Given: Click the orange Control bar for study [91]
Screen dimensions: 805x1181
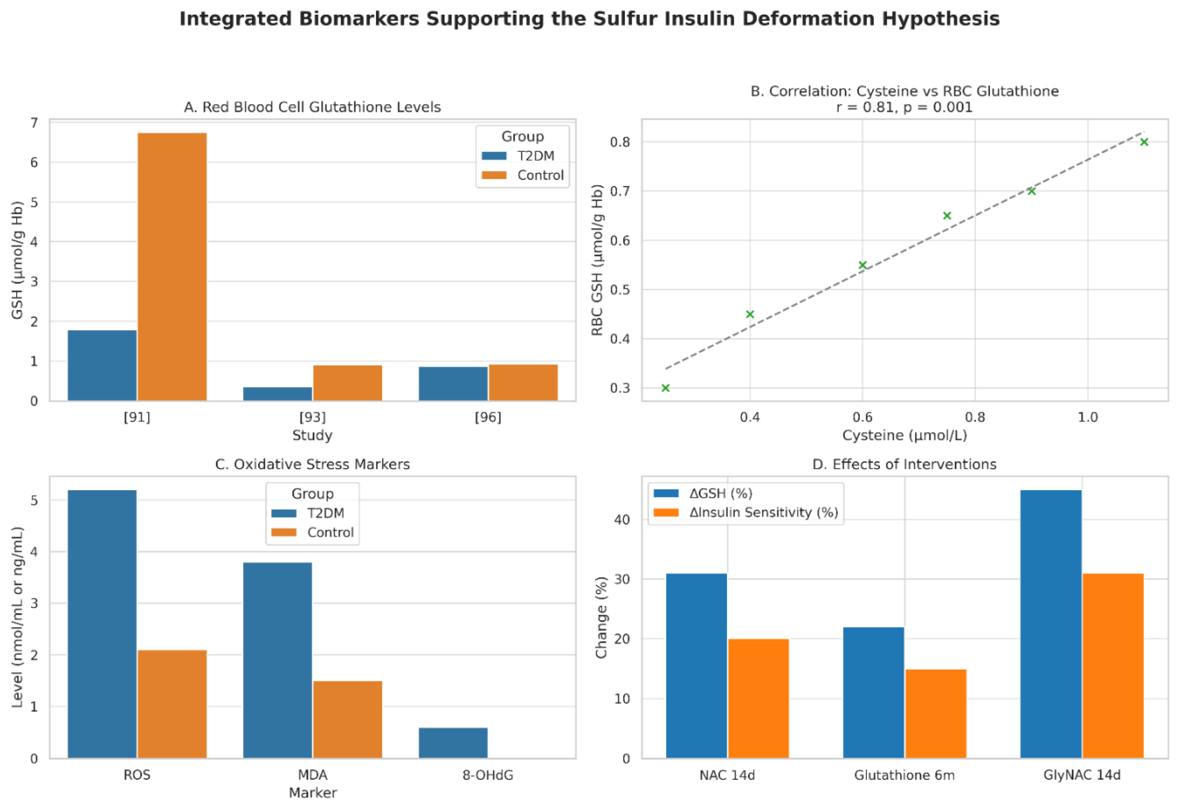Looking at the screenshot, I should [172, 267].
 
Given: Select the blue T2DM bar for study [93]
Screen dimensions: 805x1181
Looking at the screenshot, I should [277, 394].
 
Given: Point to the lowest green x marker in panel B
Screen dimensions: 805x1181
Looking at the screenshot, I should [665, 388].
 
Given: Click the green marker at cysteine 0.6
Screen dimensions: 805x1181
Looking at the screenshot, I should [862, 265].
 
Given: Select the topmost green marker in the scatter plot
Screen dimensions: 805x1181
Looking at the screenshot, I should [1144, 142].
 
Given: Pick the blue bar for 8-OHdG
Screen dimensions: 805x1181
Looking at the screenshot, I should [453, 743].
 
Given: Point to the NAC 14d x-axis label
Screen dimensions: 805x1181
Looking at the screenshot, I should [727, 775].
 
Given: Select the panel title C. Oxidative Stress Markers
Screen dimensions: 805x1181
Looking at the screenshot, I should [312, 464].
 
